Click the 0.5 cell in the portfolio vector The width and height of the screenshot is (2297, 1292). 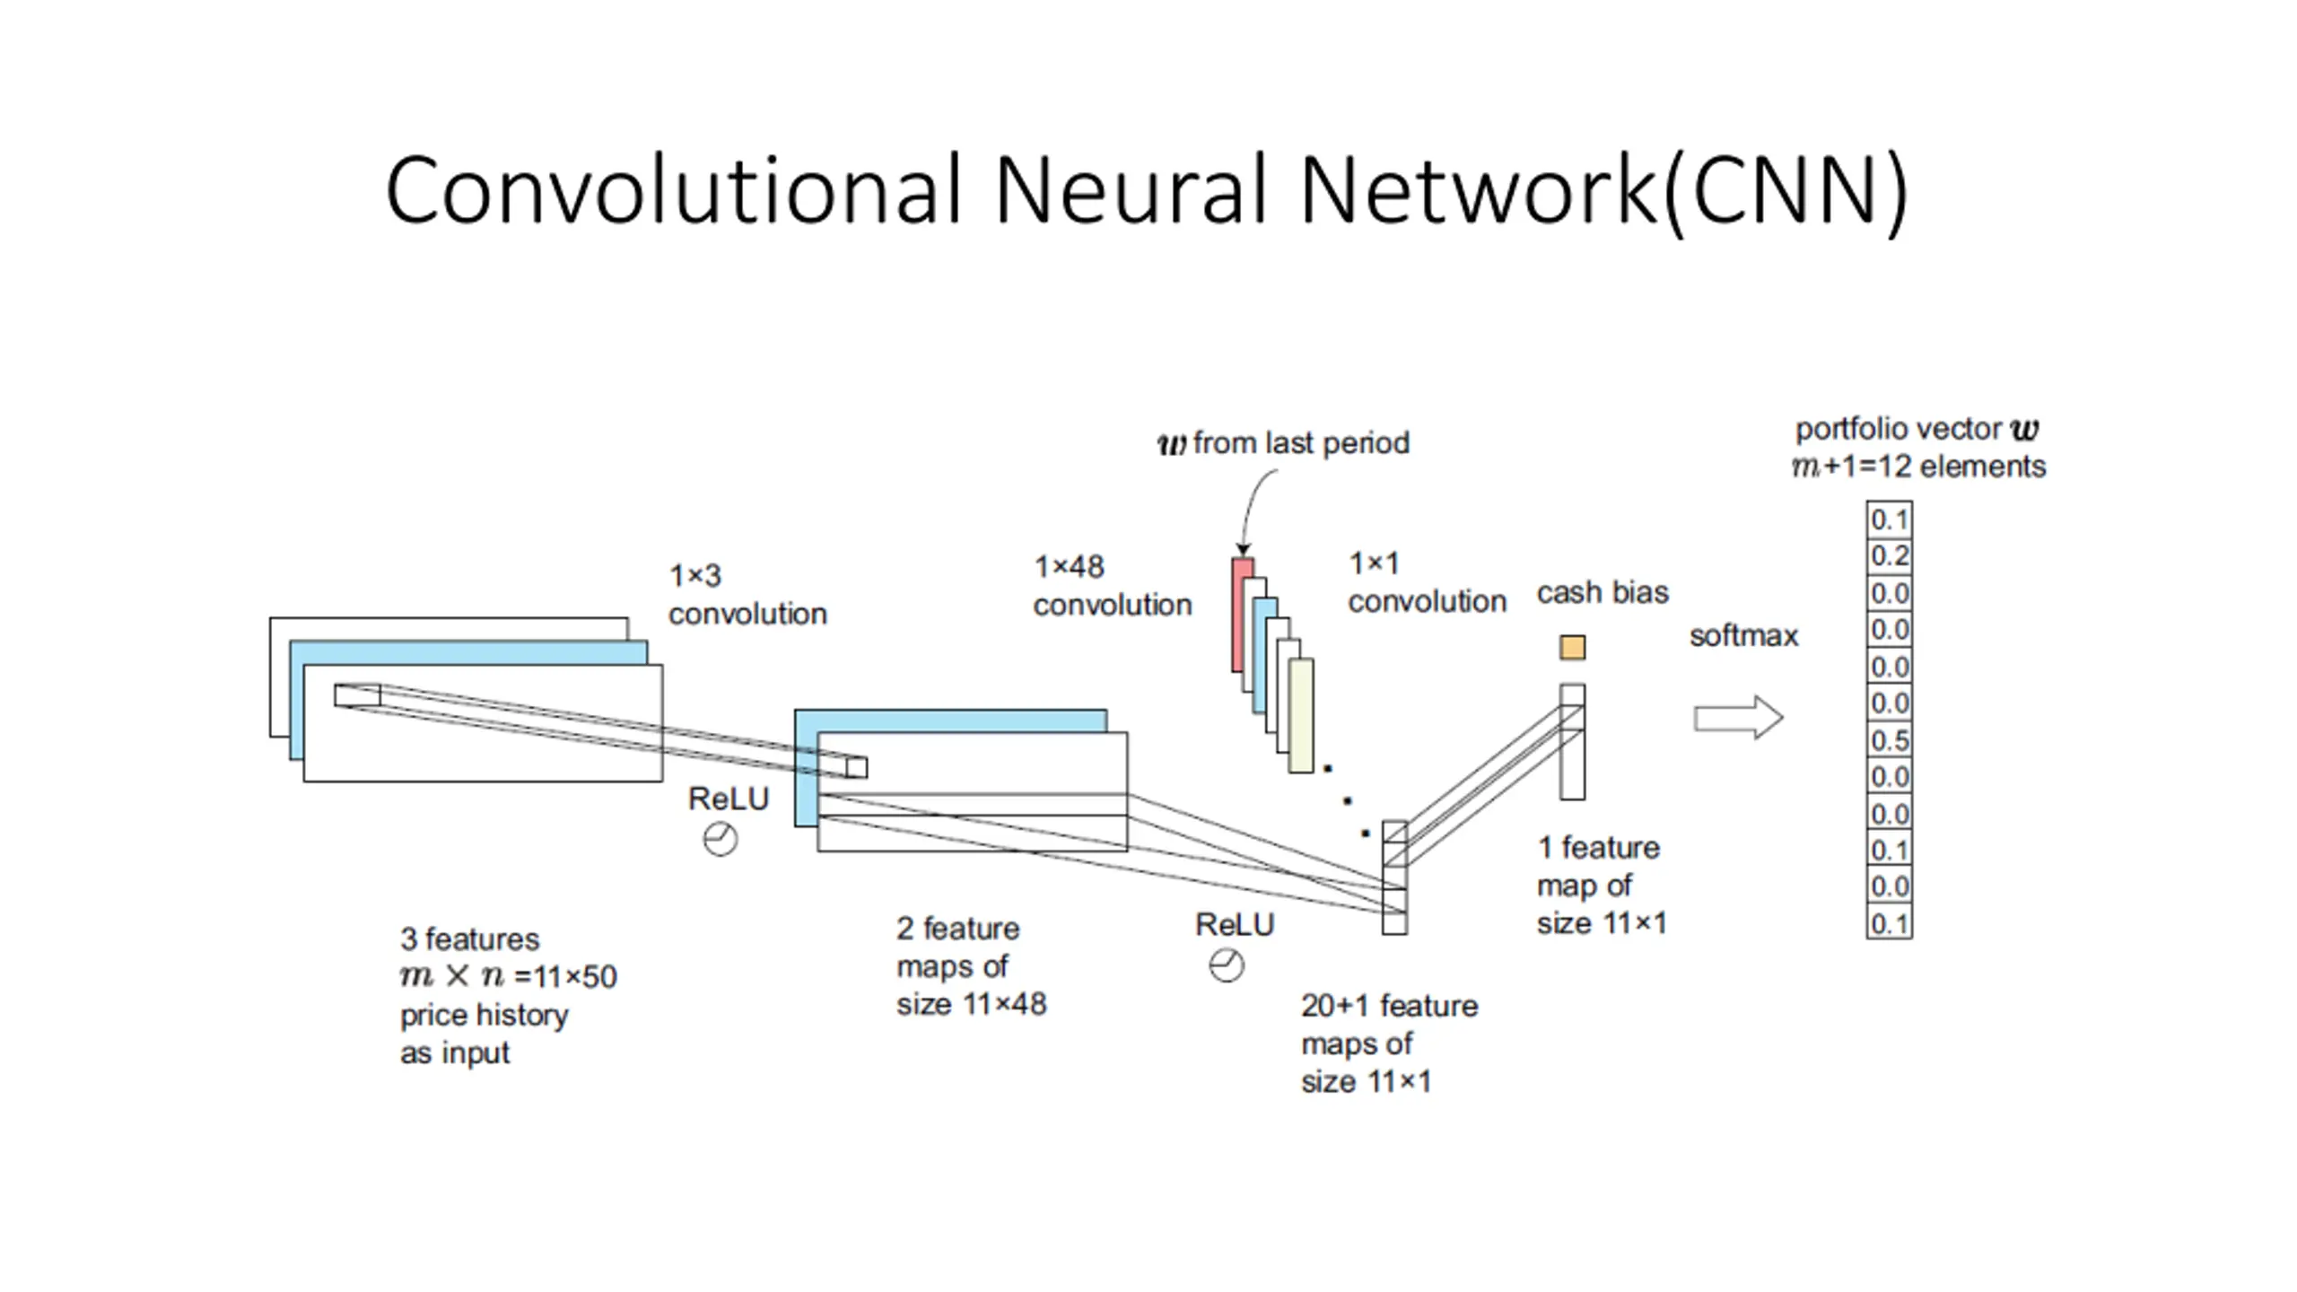[x=1889, y=740]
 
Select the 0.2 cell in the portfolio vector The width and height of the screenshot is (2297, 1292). [x=1889, y=556]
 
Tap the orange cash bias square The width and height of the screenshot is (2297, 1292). [x=1572, y=647]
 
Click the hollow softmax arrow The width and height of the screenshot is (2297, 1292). [x=1737, y=718]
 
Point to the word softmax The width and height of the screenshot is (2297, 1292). [x=1743, y=636]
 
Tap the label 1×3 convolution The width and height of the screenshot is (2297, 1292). [x=747, y=595]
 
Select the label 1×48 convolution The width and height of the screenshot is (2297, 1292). [x=1112, y=586]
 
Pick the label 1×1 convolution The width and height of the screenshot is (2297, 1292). [x=1427, y=582]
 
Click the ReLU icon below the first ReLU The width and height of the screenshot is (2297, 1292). [x=720, y=840]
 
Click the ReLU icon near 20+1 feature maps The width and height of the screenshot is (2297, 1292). [x=1227, y=966]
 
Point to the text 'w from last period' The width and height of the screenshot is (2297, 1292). [x=1283, y=443]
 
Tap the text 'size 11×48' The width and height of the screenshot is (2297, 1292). [x=971, y=1004]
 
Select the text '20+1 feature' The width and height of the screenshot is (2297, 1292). [x=1389, y=1006]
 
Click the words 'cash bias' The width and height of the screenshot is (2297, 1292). [x=1603, y=593]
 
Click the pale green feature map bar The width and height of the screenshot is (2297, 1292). [x=1301, y=715]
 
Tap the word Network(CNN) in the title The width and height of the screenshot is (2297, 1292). [x=1603, y=190]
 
